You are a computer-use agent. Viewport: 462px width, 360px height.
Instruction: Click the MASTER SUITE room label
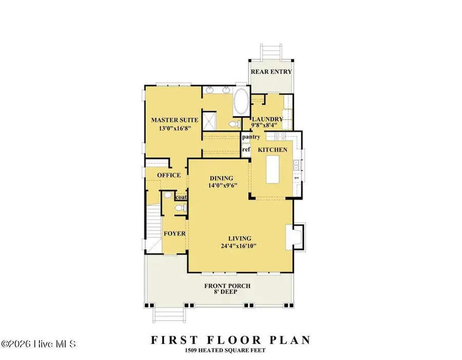click(171, 120)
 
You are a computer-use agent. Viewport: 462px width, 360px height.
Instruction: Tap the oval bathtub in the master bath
click(240, 103)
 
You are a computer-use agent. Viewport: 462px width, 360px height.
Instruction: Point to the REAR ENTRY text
click(271, 72)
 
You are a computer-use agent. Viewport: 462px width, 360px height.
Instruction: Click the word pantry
click(251, 138)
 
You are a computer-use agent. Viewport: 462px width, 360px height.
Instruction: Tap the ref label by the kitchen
click(246, 149)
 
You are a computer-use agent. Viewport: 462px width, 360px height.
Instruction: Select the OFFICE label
click(169, 175)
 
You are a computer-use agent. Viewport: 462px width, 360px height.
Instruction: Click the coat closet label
click(181, 197)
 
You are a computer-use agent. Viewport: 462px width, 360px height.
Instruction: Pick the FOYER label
click(175, 233)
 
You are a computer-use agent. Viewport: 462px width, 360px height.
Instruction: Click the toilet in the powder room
click(179, 208)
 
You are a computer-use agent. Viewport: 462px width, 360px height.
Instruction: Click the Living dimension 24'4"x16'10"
click(237, 246)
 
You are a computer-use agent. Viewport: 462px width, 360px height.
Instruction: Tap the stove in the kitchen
click(281, 137)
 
